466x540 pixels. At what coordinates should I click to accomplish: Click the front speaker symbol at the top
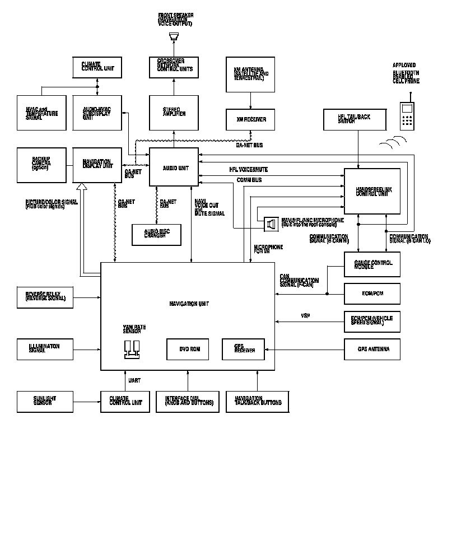coord(173,38)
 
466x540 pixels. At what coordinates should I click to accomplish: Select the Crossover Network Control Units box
coord(173,67)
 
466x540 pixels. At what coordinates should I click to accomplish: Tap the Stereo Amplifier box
coord(173,113)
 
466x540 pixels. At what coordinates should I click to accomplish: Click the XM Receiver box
coord(250,119)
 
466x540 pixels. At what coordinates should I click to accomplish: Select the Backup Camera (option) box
coord(41,165)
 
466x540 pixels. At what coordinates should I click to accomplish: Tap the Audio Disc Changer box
coord(156,234)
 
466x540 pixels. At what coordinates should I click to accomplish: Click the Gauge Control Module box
coord(372,264)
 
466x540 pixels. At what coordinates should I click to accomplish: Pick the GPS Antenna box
coord(372,349)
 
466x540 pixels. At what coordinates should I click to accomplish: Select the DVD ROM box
coord(188,349)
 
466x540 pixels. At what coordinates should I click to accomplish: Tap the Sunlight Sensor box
coord(44,401)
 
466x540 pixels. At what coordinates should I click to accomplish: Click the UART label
coord(134,380)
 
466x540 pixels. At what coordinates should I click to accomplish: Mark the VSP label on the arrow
coord(305,316)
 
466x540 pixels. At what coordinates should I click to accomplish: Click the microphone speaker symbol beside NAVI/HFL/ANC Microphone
coord(271,224)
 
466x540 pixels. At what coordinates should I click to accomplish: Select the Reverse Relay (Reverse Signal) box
coord(44,297)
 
